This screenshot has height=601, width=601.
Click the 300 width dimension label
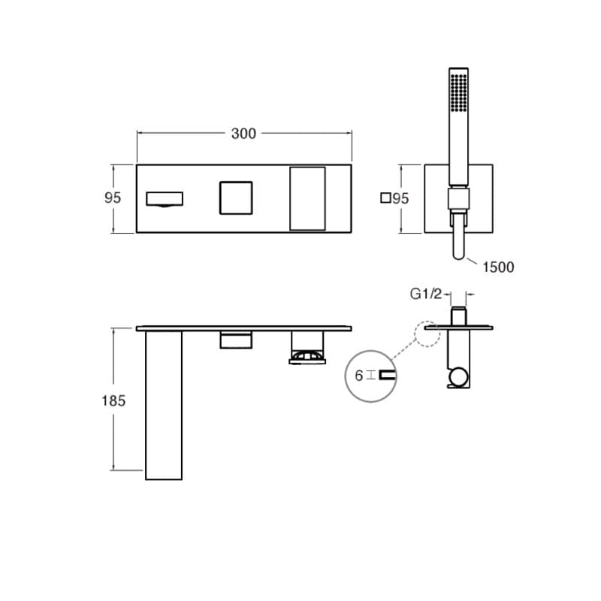pyautogui.click(x=243, y=134)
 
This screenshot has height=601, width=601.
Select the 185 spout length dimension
pyautogui.click(x=113, y=401)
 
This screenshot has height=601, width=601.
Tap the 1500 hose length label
pyautogui.click(x=498, y=267)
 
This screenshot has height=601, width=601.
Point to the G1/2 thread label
pyautogui.click(x=426, y=294)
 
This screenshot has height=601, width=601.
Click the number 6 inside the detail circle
pyautogui.click(x=359, y=376)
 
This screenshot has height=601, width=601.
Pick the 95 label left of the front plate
pyautogui.click(x=113, y=198)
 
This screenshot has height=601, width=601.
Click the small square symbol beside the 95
pyautogui.click(x=385, y=198)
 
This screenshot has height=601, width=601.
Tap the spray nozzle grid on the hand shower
pyautogui.click(x=459, y=92)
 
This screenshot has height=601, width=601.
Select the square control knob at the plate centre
pyautogui.click(x=236, y=198)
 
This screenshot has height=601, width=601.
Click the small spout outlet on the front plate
pyautogui.click(x=165, y=199)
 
